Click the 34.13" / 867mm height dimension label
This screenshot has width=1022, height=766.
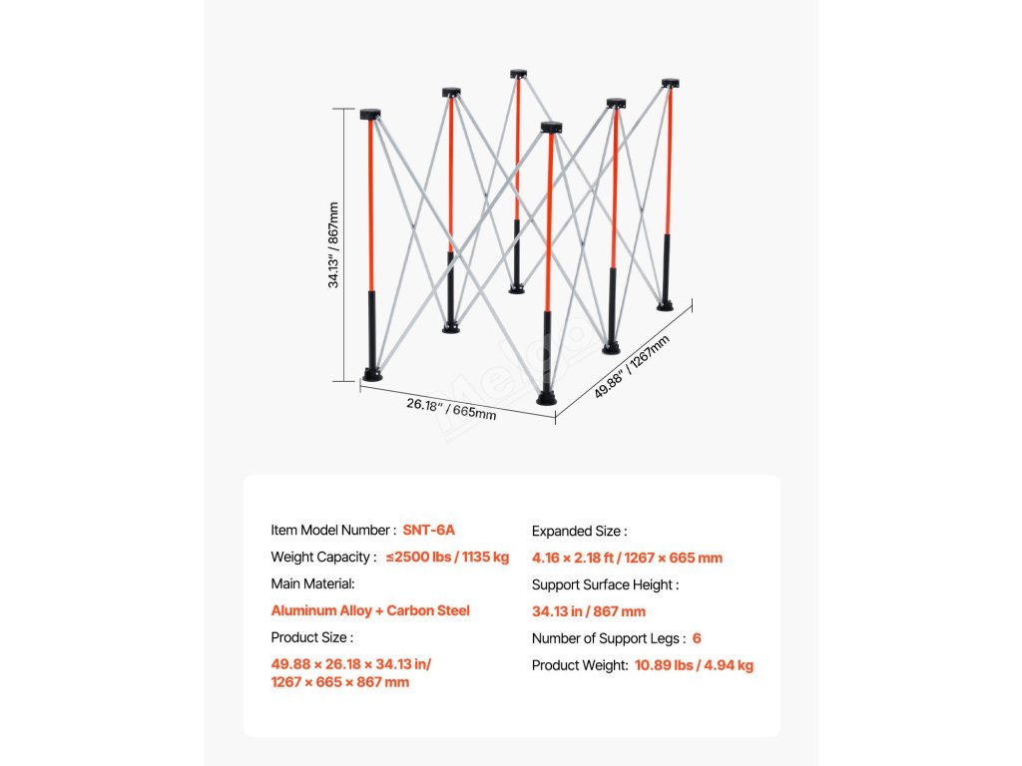tap(334, 245)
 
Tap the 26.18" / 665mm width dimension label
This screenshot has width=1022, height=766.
tap(451, 408)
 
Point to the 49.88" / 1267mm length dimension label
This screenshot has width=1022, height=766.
tap(632, 367)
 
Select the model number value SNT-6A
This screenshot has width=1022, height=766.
tap(429, 531)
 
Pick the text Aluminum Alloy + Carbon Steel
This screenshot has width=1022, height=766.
tap(370, 610)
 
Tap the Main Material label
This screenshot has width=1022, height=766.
tap(312, 583)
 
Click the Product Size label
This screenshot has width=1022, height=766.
tap(311, 637)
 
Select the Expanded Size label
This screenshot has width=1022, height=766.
tap(579, 532)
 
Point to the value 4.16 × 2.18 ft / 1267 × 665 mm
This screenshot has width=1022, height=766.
tap(627, 559)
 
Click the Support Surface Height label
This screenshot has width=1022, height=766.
tap(605, 585)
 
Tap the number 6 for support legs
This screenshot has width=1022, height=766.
tap(697, 638)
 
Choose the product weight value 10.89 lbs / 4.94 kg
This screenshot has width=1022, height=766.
tap(694, 665)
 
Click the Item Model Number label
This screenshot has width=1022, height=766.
tap(333, 531)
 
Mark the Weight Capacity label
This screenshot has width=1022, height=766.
tap(323, 558)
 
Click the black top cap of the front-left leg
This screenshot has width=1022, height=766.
tap(371, 114)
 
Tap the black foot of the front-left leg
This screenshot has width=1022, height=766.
tap(372, 375)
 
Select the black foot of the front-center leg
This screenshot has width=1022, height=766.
tap(547, 397)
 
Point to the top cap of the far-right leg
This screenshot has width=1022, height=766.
tap(670, 83)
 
